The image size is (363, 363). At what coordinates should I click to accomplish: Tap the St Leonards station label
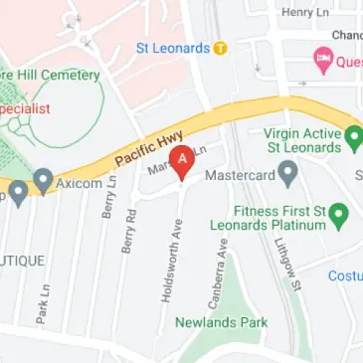coord(173,48)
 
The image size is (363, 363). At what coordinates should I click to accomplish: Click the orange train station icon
coord(221,48)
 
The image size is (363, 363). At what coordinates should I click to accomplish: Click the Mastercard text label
coord(238,175)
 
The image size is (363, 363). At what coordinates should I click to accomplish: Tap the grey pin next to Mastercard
coord(288,174)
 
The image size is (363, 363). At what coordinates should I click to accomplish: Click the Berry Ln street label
coord(105,198)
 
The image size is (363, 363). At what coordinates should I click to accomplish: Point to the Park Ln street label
coord(43,304)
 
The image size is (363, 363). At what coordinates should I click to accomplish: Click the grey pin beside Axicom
coord(43,180)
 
